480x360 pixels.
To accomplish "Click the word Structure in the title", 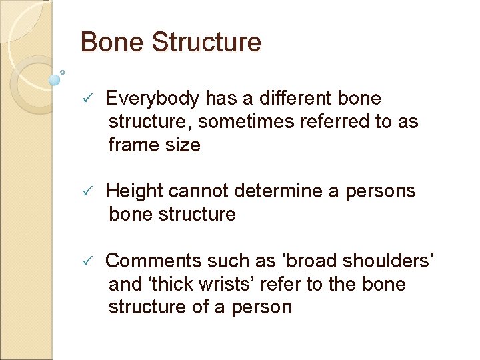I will (x=207, y=42).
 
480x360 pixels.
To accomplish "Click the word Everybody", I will (x=153, y=99).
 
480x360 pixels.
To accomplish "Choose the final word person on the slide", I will (x=261, y=307).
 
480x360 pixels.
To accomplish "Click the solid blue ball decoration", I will (x=55, y=79).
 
